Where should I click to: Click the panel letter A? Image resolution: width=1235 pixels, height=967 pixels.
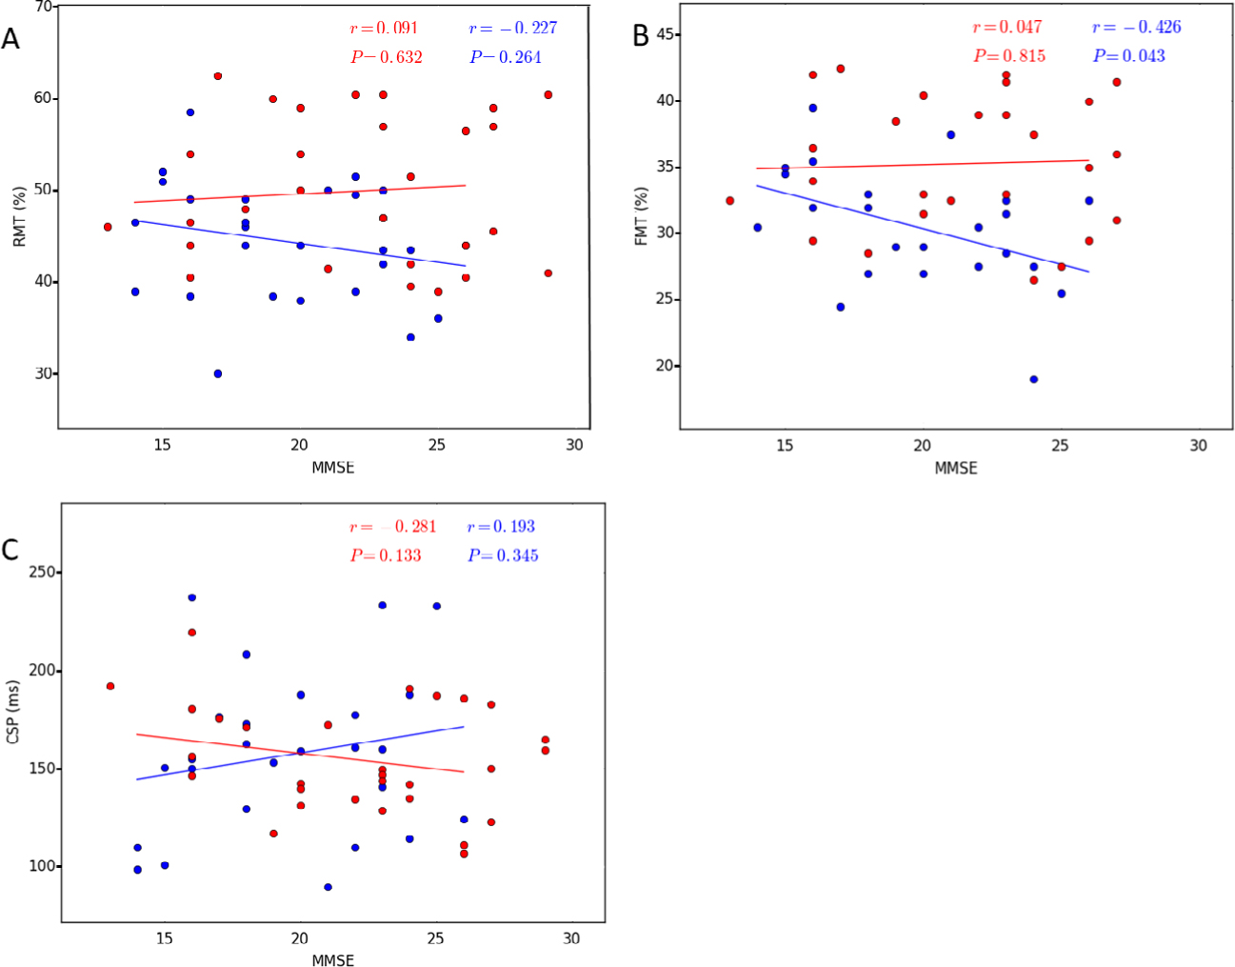coord(10,39)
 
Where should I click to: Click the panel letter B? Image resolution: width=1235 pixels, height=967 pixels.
coord(641,36)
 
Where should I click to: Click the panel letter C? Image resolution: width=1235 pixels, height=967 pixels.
coord(10,550)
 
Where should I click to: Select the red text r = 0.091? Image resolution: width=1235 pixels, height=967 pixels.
coord(385,29)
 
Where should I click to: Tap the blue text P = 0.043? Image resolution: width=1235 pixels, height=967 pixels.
coord(1128,56)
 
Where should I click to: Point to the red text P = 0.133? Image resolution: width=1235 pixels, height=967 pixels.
coord(386,555)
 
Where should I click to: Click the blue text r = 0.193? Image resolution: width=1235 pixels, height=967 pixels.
coord(501,527)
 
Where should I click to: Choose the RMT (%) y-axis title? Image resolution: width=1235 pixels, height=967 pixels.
coord(19,217)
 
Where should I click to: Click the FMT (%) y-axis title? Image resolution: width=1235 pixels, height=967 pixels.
coord(641,216)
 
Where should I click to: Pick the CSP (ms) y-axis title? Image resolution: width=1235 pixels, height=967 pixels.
coord(13,712)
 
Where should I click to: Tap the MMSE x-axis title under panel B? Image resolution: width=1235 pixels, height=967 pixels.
coord(955,468)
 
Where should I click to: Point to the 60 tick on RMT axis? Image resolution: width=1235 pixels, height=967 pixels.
coord(43,99)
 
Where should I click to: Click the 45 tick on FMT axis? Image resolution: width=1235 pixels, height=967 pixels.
coord(665,35)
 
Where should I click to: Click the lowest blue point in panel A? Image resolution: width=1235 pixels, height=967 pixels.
coord(218,373)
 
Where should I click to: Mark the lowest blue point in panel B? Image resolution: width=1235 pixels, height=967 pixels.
coord(1033,379)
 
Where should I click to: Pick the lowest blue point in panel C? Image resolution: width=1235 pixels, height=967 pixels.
coord(328,887)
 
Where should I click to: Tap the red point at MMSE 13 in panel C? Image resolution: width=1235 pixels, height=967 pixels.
coord(110,686)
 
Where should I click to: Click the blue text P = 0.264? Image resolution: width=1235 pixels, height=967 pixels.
coord(505,57)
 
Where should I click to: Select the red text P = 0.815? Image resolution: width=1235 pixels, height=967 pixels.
coord(1009,56)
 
